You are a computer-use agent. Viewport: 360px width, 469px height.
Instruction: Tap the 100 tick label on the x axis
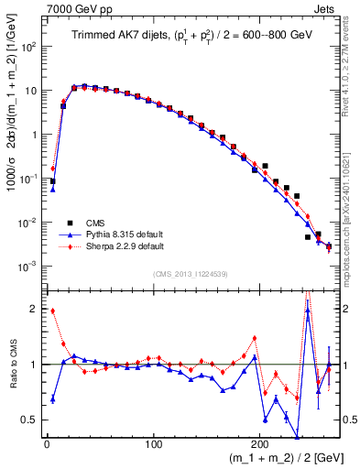point(154,445)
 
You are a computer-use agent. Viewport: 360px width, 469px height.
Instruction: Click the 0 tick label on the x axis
point(47,445)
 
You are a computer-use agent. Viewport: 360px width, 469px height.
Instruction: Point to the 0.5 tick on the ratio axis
point(30,420)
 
